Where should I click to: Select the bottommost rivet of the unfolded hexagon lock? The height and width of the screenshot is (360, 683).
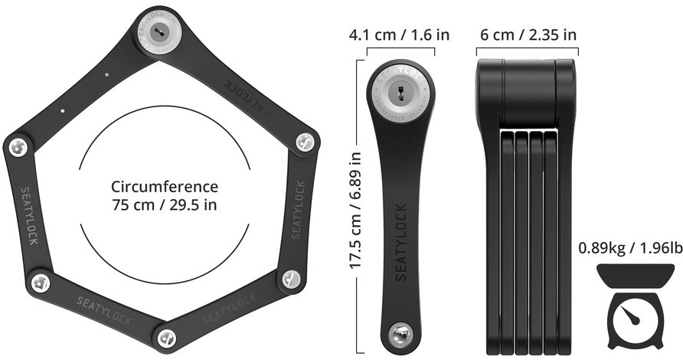(165, 336)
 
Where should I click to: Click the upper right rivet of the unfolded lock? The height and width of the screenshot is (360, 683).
(305, 140)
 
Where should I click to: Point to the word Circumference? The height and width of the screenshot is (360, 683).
(165, 187)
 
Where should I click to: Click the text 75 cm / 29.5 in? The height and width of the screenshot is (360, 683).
(165, 205)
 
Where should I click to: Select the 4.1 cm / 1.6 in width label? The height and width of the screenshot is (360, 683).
(400, 35)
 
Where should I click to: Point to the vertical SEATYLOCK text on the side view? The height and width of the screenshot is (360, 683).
(401, 244)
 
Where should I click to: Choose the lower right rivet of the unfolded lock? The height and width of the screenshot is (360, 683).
(289, 278)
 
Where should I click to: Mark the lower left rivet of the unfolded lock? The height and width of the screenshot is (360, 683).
(41, 283)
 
